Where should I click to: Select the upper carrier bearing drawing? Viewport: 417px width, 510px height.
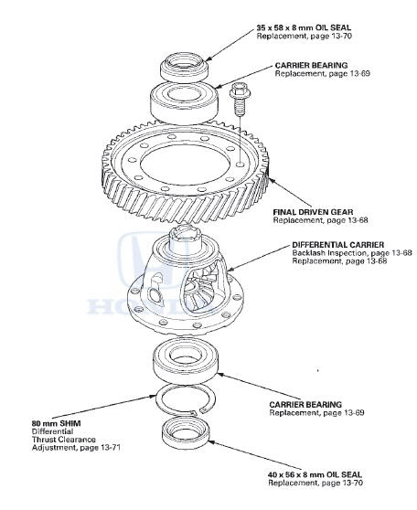(x=187, y=98)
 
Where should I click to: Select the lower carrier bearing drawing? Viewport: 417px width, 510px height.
(x=187, y=361)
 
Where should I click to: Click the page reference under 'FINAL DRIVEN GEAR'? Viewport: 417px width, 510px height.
(x=313, y=220)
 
